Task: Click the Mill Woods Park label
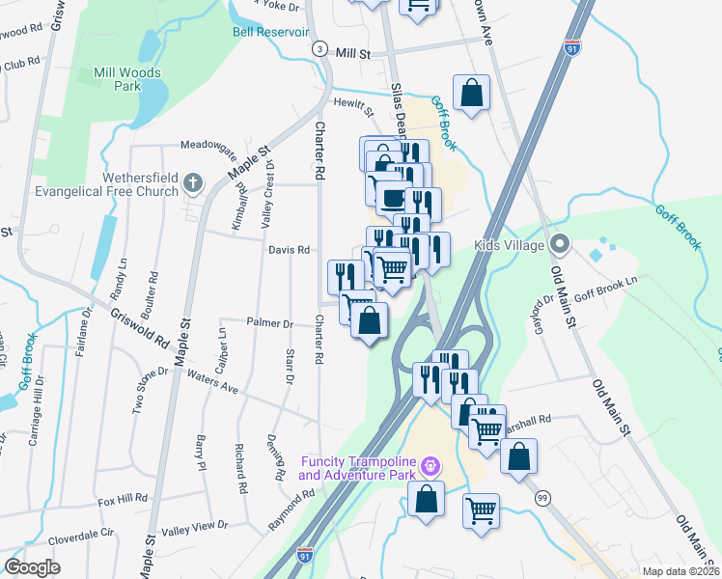click(x=127, y=79)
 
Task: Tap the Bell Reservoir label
click(x=269, y=31)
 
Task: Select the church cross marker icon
click(x=193, y=181)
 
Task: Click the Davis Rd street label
click(x=289, y=250)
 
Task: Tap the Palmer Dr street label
click(x=269, y=322)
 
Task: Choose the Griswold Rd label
click(x=139, y=328)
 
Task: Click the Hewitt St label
click(x=353, y=103)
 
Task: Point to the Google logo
click(x=33, y=567)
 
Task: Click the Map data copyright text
click(x=680, y=571)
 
